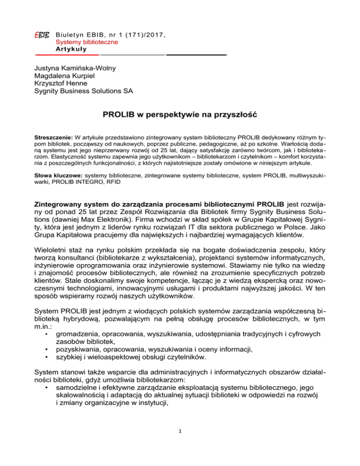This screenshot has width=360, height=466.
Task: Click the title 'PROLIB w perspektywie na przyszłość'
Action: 180,115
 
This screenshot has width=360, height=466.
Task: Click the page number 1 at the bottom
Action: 180,443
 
